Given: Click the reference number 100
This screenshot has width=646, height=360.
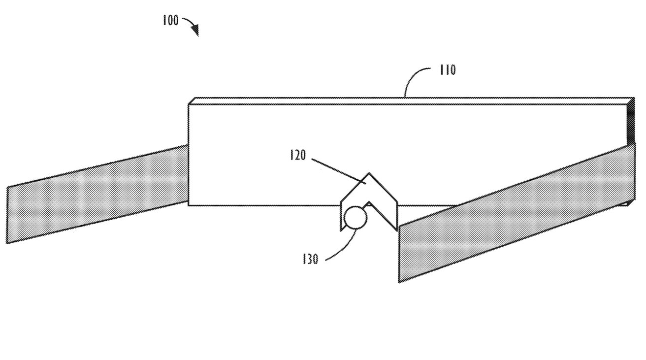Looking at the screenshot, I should click(x=170, y=21).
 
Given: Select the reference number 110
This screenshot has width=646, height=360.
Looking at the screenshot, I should click(x=447, y=70).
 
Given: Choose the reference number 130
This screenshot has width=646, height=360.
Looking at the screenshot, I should click(x=310, y=259).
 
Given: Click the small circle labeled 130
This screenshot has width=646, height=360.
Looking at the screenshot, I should click(x=355, y=218).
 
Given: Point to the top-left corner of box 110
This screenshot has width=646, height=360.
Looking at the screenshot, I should click(x=189, y=103).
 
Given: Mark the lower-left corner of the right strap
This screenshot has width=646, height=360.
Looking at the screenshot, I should click(x=399, y=281).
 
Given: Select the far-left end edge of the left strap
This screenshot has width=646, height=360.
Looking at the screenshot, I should click(x=7, y=215).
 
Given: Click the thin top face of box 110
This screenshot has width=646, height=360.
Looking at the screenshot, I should click(x=409, y=100).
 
